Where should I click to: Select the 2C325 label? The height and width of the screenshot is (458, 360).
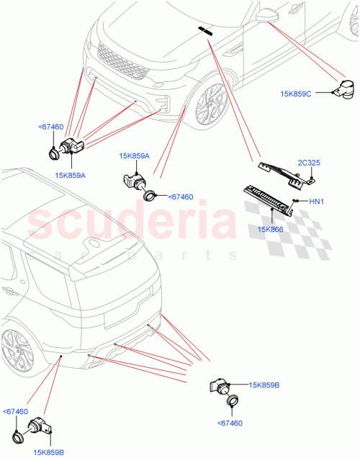310,163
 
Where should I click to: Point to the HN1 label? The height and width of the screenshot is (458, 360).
317,202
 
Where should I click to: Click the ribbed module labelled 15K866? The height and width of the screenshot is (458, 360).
270,198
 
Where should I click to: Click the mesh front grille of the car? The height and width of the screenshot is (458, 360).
122,62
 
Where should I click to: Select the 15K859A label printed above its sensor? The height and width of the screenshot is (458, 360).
134,156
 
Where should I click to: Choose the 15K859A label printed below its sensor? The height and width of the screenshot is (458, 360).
70,174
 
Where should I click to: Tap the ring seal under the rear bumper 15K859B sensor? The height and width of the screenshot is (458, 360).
233,403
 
